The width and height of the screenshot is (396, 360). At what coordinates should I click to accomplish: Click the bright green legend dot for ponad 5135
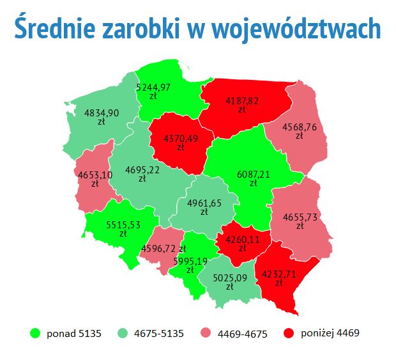35,333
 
